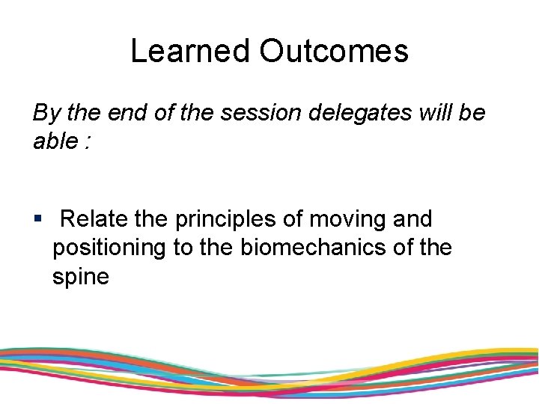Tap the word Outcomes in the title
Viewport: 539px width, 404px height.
334,51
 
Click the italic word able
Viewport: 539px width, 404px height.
54,141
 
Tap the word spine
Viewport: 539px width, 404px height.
81,277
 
